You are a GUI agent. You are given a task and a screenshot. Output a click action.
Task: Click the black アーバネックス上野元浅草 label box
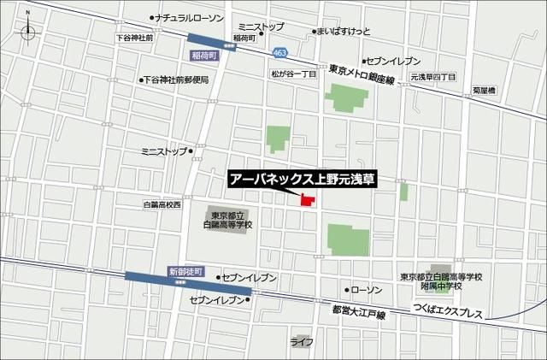click(303, 180)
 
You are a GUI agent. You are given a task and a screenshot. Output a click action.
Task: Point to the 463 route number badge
click(280, 53)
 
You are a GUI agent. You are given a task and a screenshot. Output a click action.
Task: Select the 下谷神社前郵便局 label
click(179, 80)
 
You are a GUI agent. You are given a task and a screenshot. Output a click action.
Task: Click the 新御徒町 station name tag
click(187, 271)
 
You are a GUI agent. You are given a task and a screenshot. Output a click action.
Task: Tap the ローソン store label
click(370, 289)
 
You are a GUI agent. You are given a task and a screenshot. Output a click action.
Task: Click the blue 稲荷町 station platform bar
click(209, 38)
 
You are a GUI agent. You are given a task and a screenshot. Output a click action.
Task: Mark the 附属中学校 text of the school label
click(439, 287)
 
